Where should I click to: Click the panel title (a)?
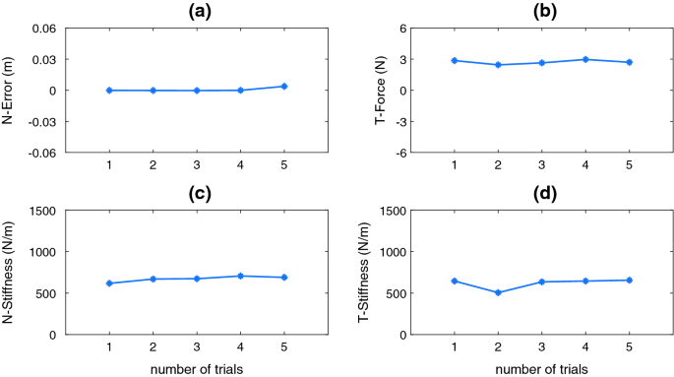coord(196,11)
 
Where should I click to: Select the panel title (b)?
coord(541,11)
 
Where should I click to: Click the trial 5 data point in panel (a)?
coord(283,87)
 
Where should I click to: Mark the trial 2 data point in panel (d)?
coord(498,292)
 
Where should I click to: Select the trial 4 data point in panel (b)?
coord(585,59)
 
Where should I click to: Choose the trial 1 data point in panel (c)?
coord(109,283)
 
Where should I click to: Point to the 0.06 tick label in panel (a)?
coord(44,28)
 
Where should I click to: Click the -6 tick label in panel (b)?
coord(401,154)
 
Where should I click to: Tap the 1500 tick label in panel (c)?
coord(42,210)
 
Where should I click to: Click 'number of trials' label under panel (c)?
coord(196,368)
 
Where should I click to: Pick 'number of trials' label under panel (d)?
coord(541,368)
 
